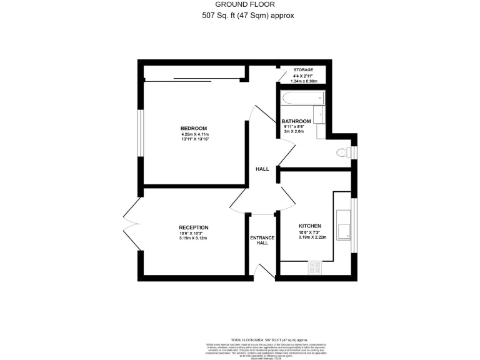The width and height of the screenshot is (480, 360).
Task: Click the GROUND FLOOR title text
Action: pos(241,5)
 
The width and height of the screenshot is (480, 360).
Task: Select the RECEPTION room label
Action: pos(193,227)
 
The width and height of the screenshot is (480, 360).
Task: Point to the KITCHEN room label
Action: pos(310,226)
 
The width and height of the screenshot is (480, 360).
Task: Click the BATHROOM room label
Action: pos(296,121)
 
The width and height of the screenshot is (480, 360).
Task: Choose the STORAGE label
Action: pos(304,70)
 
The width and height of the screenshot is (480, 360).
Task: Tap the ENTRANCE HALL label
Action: pos(259,239)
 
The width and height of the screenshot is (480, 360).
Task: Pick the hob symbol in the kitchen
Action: pos(314,268)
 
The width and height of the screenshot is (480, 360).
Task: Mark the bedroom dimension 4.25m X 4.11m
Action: pos(194,134)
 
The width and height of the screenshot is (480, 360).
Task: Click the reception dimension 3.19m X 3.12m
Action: pos(193,238)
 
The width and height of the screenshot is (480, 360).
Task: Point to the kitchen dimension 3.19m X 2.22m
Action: pos(310,237)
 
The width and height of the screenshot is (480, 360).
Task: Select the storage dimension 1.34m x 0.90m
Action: pos(304,81)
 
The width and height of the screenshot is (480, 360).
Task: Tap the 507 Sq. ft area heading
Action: pos(241,16)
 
